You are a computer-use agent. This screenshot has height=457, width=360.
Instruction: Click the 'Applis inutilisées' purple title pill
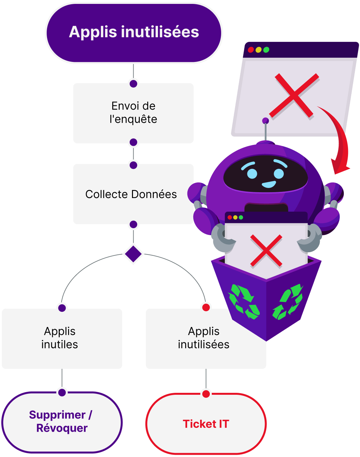[x=134, y=33]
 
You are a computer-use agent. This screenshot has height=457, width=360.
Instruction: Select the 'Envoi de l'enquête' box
[x=133, y=113]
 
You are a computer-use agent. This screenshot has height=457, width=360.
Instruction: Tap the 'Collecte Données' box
[x=133, y=194]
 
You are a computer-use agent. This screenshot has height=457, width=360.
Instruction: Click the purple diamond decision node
[x=133, y=254]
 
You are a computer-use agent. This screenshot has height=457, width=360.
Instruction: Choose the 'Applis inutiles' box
[x=62, y=338]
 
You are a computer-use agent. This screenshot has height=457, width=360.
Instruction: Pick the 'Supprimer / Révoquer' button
[x=62, y=422]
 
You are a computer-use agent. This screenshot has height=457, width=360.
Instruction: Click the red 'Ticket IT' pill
[x=206, y=424]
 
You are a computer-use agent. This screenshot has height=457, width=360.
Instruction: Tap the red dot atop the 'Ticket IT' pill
[x=206, y=394]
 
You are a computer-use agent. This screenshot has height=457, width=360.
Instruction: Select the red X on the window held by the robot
[x=266, y=251]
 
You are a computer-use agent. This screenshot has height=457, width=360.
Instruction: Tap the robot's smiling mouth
[x=269, y=184]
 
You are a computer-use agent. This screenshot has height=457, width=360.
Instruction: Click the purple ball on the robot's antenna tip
[x=265, y=121]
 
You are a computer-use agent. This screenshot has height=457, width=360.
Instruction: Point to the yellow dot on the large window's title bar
[x=258, y=50]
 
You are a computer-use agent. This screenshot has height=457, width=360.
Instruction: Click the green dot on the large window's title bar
[x=266, y=50]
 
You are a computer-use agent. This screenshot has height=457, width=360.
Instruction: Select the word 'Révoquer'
[x=62, y=428]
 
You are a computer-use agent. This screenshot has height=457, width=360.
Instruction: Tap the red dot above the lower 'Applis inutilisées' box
[x=206, y=307]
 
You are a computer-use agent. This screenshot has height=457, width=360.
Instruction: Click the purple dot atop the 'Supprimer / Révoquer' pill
[x=62, y=393]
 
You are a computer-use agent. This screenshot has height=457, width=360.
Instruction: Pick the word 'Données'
[x=154, y=194]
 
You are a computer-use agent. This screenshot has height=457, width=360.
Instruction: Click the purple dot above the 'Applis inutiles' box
[x=62, y=308]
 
